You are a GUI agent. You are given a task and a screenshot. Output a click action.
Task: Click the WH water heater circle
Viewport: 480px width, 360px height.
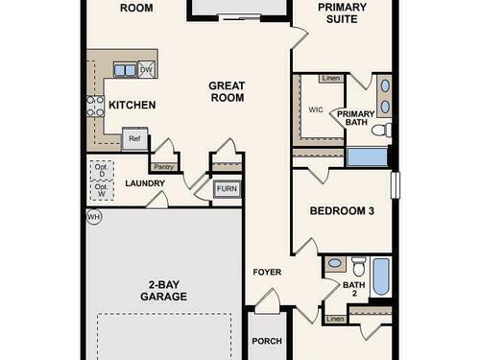coord(94,217)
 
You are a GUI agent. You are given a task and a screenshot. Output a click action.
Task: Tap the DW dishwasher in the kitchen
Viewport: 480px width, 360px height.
coord(147,69)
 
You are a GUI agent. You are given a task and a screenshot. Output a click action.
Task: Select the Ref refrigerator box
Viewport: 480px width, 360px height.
coord(135,138)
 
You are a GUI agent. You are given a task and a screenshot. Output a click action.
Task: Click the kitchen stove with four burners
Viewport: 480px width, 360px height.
coord(95,106)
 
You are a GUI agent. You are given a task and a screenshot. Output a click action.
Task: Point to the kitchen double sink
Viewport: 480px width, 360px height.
coord(126,70)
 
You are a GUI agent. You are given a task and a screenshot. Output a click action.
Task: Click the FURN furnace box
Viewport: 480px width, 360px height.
coord(227,189)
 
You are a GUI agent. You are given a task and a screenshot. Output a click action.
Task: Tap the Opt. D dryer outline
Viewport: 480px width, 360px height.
coord(102,171)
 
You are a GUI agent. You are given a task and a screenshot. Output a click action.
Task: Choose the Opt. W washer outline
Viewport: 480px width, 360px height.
coord(102,191)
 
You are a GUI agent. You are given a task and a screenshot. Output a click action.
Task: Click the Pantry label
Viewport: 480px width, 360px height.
coord(163,167)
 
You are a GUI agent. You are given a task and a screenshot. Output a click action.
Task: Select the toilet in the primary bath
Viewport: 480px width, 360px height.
coord(382,130)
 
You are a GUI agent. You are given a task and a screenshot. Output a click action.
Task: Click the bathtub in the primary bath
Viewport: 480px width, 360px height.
coord(368,157)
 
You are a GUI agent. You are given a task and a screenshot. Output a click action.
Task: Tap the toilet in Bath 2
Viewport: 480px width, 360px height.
coord(358,266)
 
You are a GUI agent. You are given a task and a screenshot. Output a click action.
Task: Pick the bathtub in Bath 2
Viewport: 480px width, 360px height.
coord(381,276)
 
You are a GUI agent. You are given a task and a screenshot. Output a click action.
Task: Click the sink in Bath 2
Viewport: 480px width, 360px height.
coord(335,264)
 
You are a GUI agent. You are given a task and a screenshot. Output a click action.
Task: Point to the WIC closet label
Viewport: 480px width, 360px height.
coord(316,109)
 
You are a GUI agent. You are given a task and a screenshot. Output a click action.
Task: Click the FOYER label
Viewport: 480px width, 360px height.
coord(267,272)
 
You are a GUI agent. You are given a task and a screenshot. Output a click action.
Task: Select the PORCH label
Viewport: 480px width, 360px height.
coord(267,341)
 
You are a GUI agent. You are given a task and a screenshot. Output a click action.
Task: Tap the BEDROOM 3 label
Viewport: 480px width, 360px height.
coord(342,211)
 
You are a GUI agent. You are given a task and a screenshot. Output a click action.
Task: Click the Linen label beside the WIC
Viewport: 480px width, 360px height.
coord(331,79)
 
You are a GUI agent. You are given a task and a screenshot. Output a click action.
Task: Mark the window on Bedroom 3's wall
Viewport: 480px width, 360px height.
coord(396,185)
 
